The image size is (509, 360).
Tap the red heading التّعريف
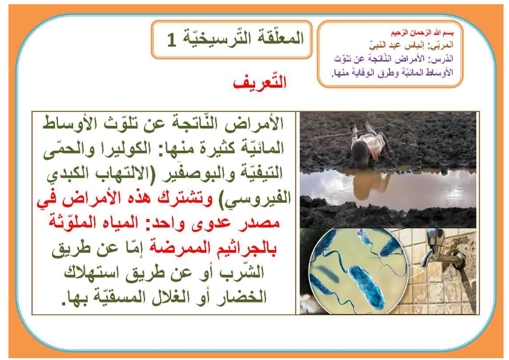tap(260, 82)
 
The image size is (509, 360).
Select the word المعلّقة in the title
tap(278, 38)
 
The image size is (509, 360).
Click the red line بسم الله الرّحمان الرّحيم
tap(422, 33)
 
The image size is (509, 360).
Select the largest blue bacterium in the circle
tap(367, 286)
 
